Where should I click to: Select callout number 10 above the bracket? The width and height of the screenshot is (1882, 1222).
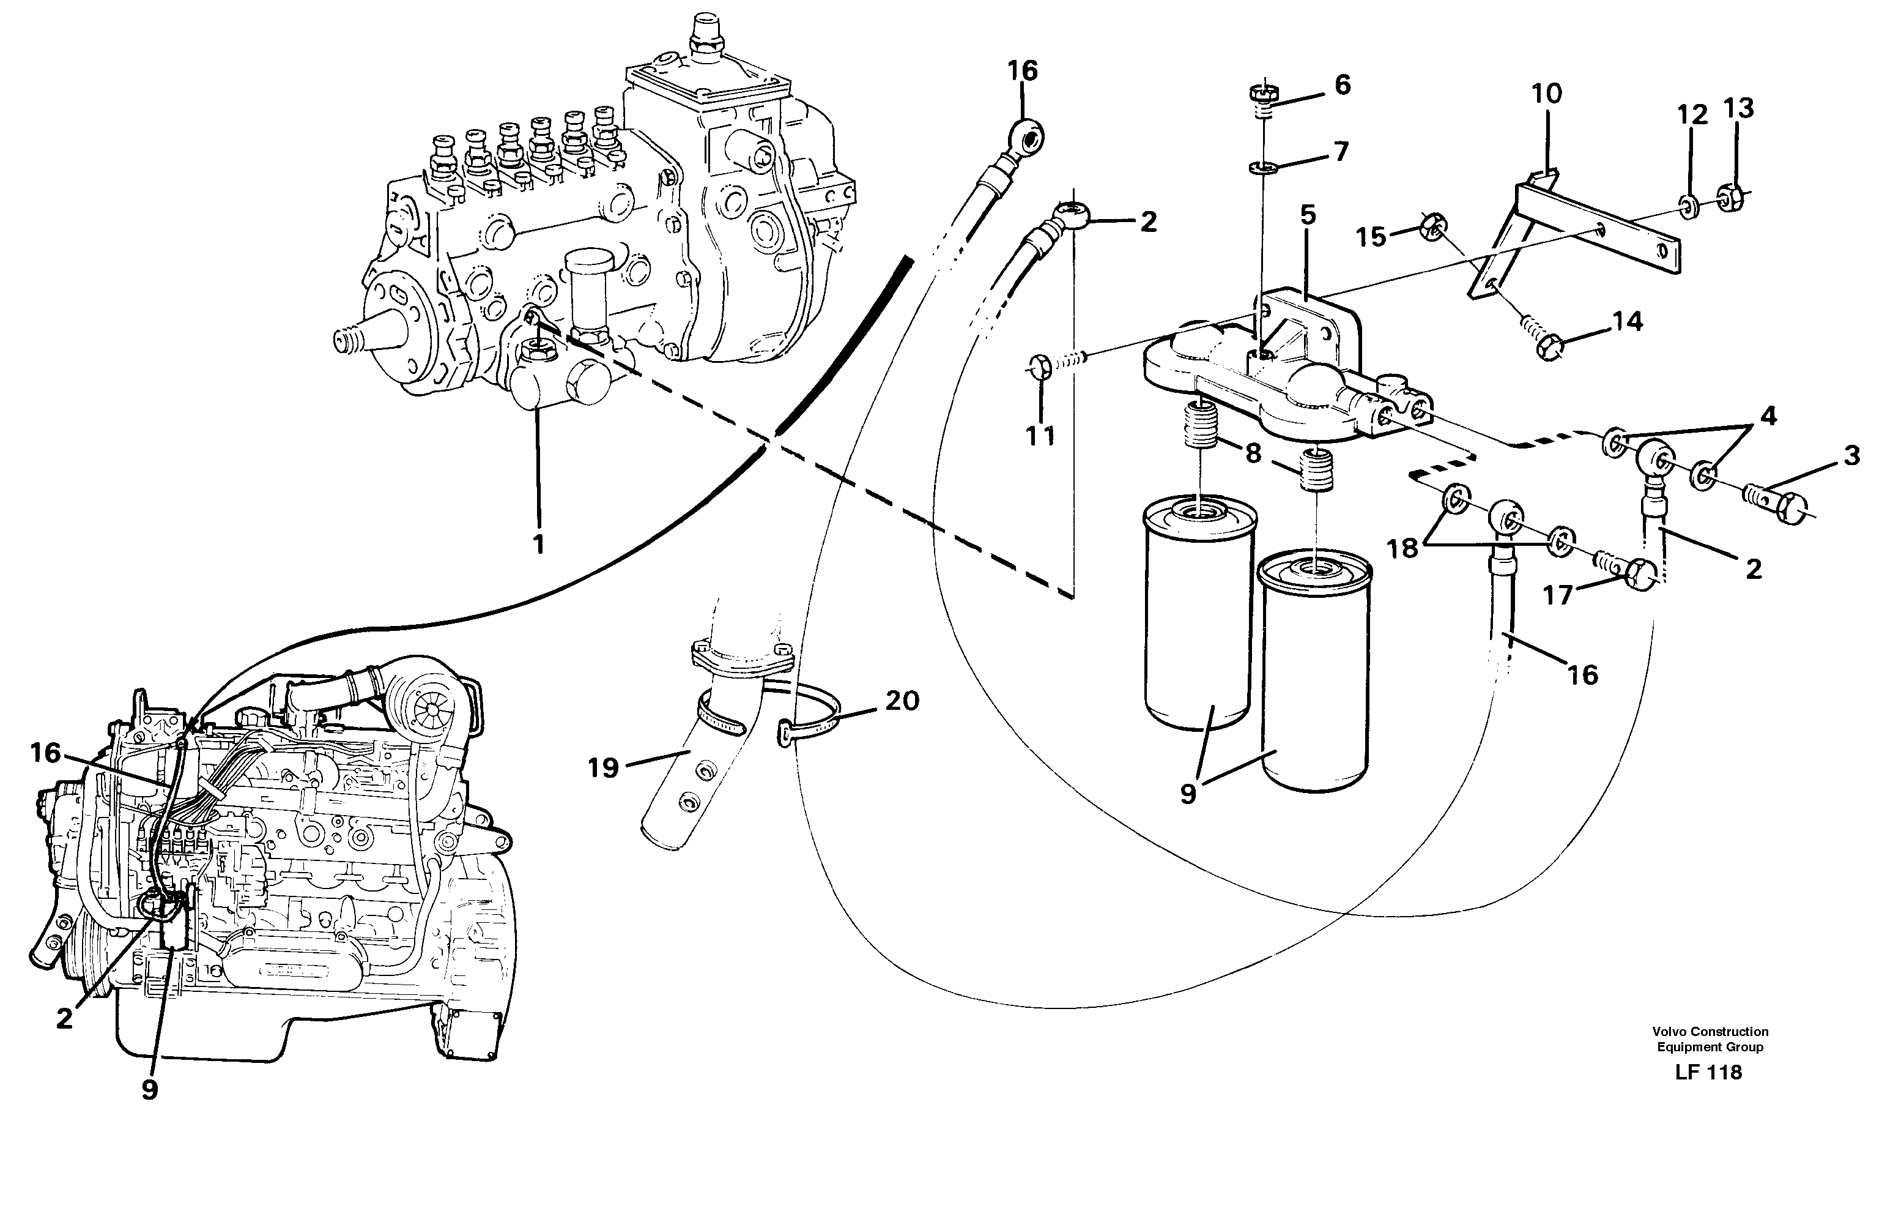click(1547, 94)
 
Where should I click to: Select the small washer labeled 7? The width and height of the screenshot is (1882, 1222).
click(1264, 167)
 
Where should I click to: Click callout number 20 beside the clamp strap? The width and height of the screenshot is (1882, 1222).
click(902, 700)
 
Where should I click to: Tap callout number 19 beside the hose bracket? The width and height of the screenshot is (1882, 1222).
click(603, 766)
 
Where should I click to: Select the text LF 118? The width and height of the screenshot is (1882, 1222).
click(1708, 1073)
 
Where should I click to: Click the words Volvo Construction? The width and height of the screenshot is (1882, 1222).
click(1710, 1031)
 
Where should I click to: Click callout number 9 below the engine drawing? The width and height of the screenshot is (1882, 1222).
click(150, 1090)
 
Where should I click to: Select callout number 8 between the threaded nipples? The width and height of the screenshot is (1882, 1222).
click(1253, 454)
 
